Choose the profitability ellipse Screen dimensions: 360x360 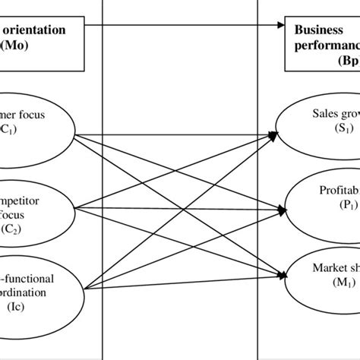click(322, 198)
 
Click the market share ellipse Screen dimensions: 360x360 click(322, 276)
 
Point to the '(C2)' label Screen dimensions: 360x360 click(24, 225)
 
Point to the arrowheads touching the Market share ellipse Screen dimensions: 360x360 click(284, 276)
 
